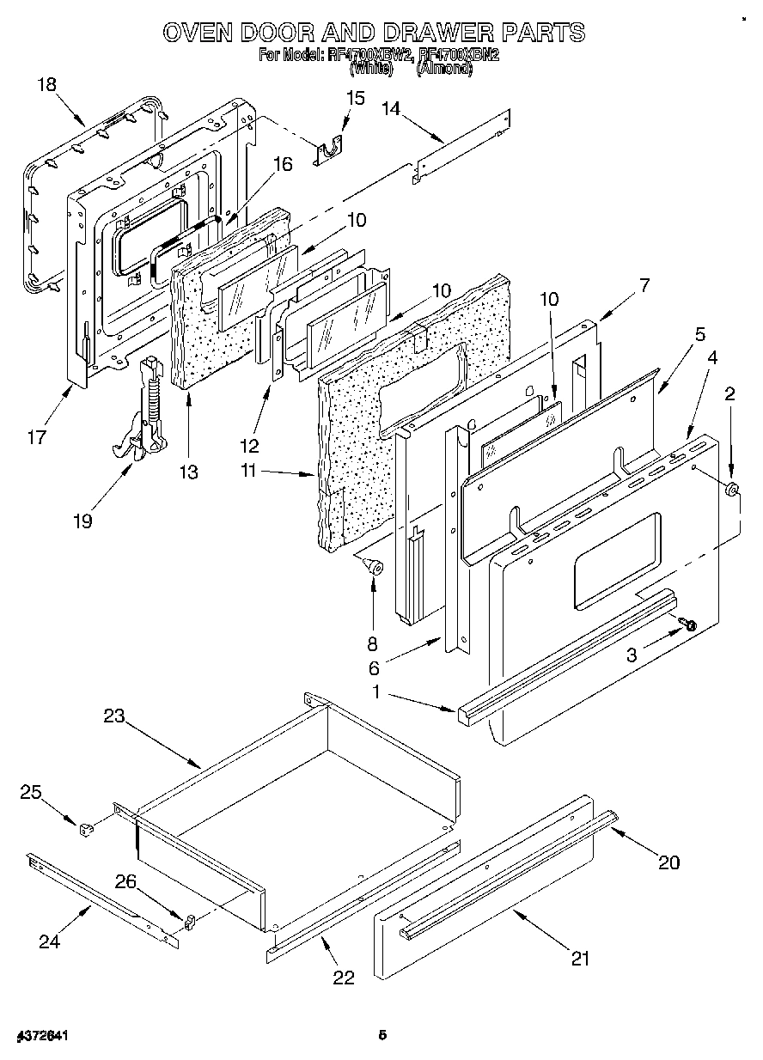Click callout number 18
click(47, 84)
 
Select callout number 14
click(391, 108)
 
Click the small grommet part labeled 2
click(732, 491)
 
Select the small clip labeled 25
click(84, 830)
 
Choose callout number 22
click(343, 977)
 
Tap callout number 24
click(49, 941)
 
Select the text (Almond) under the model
click(444, 70)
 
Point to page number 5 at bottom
click(383, 1036)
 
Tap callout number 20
click(668, 862)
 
